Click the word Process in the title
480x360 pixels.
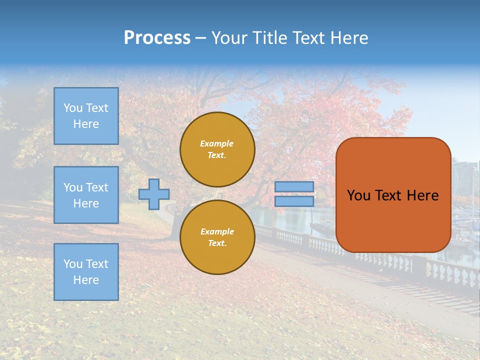[157, 38]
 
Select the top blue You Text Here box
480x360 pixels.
[86, 116]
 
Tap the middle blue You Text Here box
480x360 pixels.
[86, 195]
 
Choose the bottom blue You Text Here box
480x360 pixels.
[86, 272]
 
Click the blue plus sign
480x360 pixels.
[154, 194]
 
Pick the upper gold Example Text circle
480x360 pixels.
[217, 149]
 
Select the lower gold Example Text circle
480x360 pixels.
[217, 237]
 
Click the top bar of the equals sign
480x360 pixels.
[294, 187]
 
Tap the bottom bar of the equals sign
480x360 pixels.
[294, 201]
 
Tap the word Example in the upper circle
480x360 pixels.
[217, 144]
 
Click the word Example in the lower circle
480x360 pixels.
[217, 232]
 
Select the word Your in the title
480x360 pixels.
[229, 38]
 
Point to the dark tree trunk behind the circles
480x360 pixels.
[176, 227]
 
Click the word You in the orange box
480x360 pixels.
[358, 195]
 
